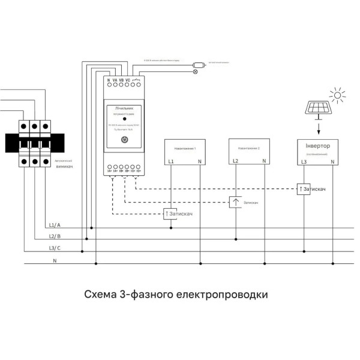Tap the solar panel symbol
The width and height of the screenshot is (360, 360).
(x=319, y=108)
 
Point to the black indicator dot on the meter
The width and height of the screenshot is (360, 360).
(x=124, y=119)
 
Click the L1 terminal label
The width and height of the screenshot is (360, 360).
(x=171, y=162)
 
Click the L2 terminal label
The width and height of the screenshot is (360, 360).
(x=235, y=162)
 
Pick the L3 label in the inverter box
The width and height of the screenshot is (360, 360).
(x=304, y=162)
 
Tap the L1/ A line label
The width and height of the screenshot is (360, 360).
(x=55, y=224)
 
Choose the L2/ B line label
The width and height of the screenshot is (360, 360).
(x=55, y=236)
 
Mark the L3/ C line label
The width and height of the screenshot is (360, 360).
(x=55, y=248)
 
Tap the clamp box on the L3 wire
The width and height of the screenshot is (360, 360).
(x=303, y=189)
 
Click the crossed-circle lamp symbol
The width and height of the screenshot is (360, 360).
(x=194, y=71)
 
